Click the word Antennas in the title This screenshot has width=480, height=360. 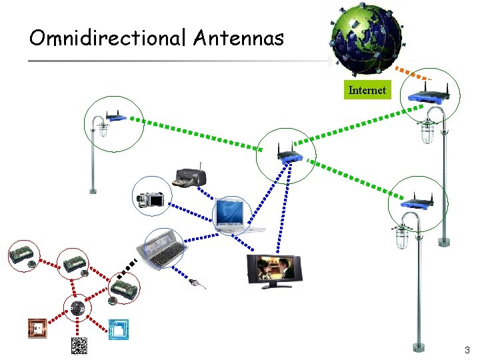(x=238, y=38)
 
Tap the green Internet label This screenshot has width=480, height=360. (x=367, y=90)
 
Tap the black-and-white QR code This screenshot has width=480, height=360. (x=79, y=346)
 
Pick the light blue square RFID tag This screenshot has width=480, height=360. (x=119, y=329)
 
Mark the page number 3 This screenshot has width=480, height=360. (x=467, y=350)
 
